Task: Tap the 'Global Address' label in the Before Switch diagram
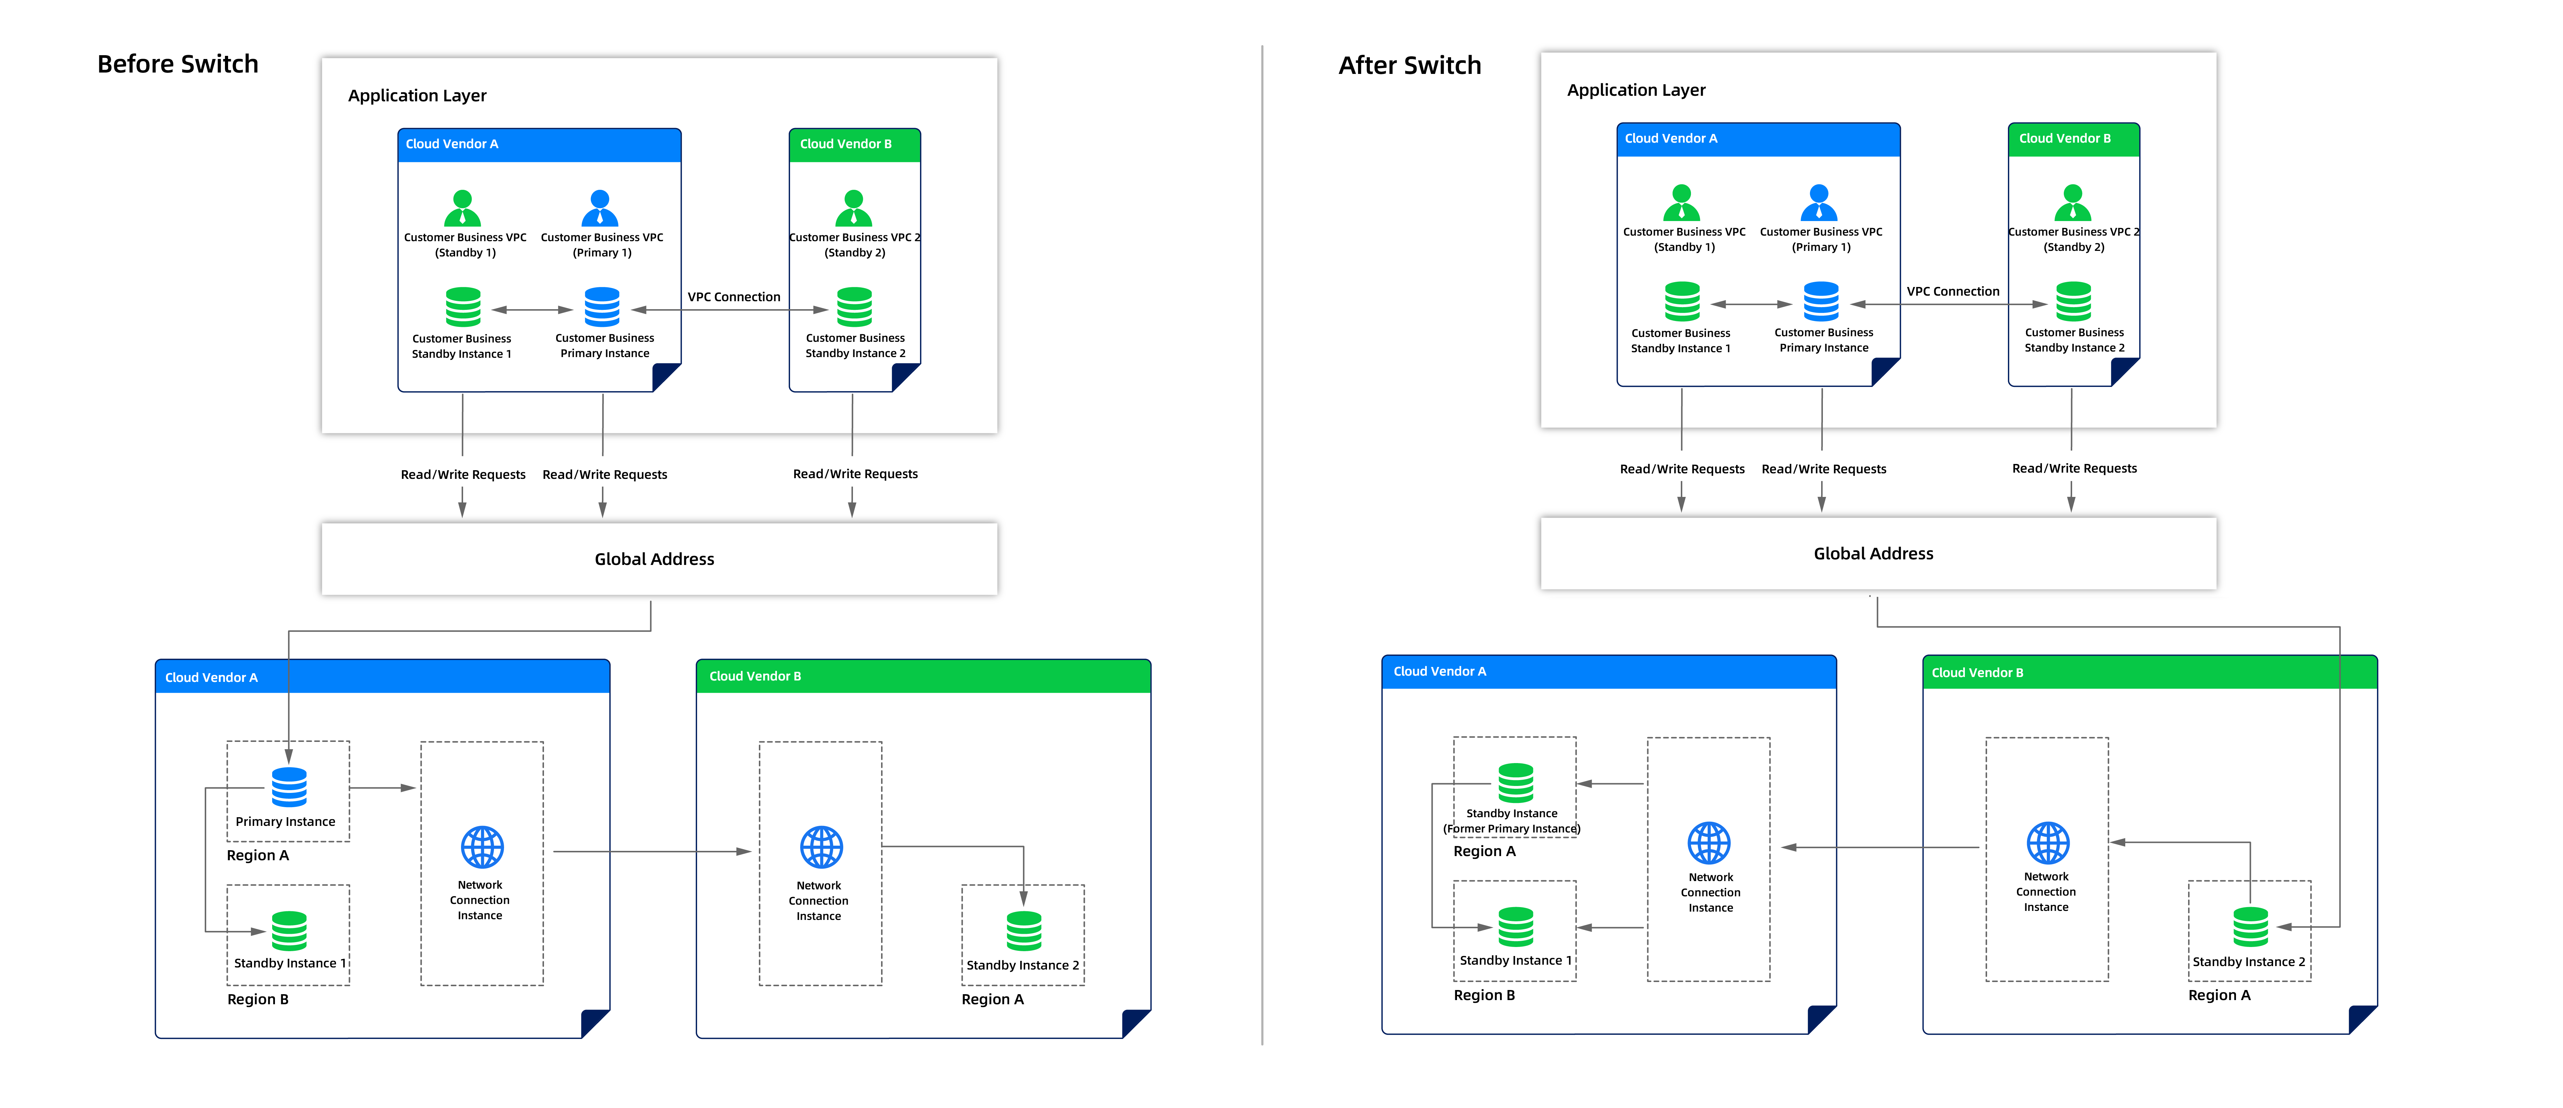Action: point(654,559)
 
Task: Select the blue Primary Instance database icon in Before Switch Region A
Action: point(288,787)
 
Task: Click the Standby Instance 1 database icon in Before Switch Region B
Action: point(288,931)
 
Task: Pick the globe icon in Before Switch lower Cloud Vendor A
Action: point(481,847)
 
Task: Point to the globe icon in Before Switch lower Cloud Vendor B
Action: point(821,847)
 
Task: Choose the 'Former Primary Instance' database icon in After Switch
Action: point(1515,783)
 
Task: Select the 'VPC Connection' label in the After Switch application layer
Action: point(1952,291)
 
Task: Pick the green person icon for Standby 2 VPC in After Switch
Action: point(2072,203)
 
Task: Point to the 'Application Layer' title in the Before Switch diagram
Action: point(417,95)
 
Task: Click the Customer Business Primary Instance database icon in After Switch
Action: point(1821,301)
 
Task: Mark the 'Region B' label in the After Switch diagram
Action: point(1483,995)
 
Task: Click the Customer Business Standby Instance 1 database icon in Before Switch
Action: point(463,307)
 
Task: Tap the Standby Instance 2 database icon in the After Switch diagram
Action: point(2250,927)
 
